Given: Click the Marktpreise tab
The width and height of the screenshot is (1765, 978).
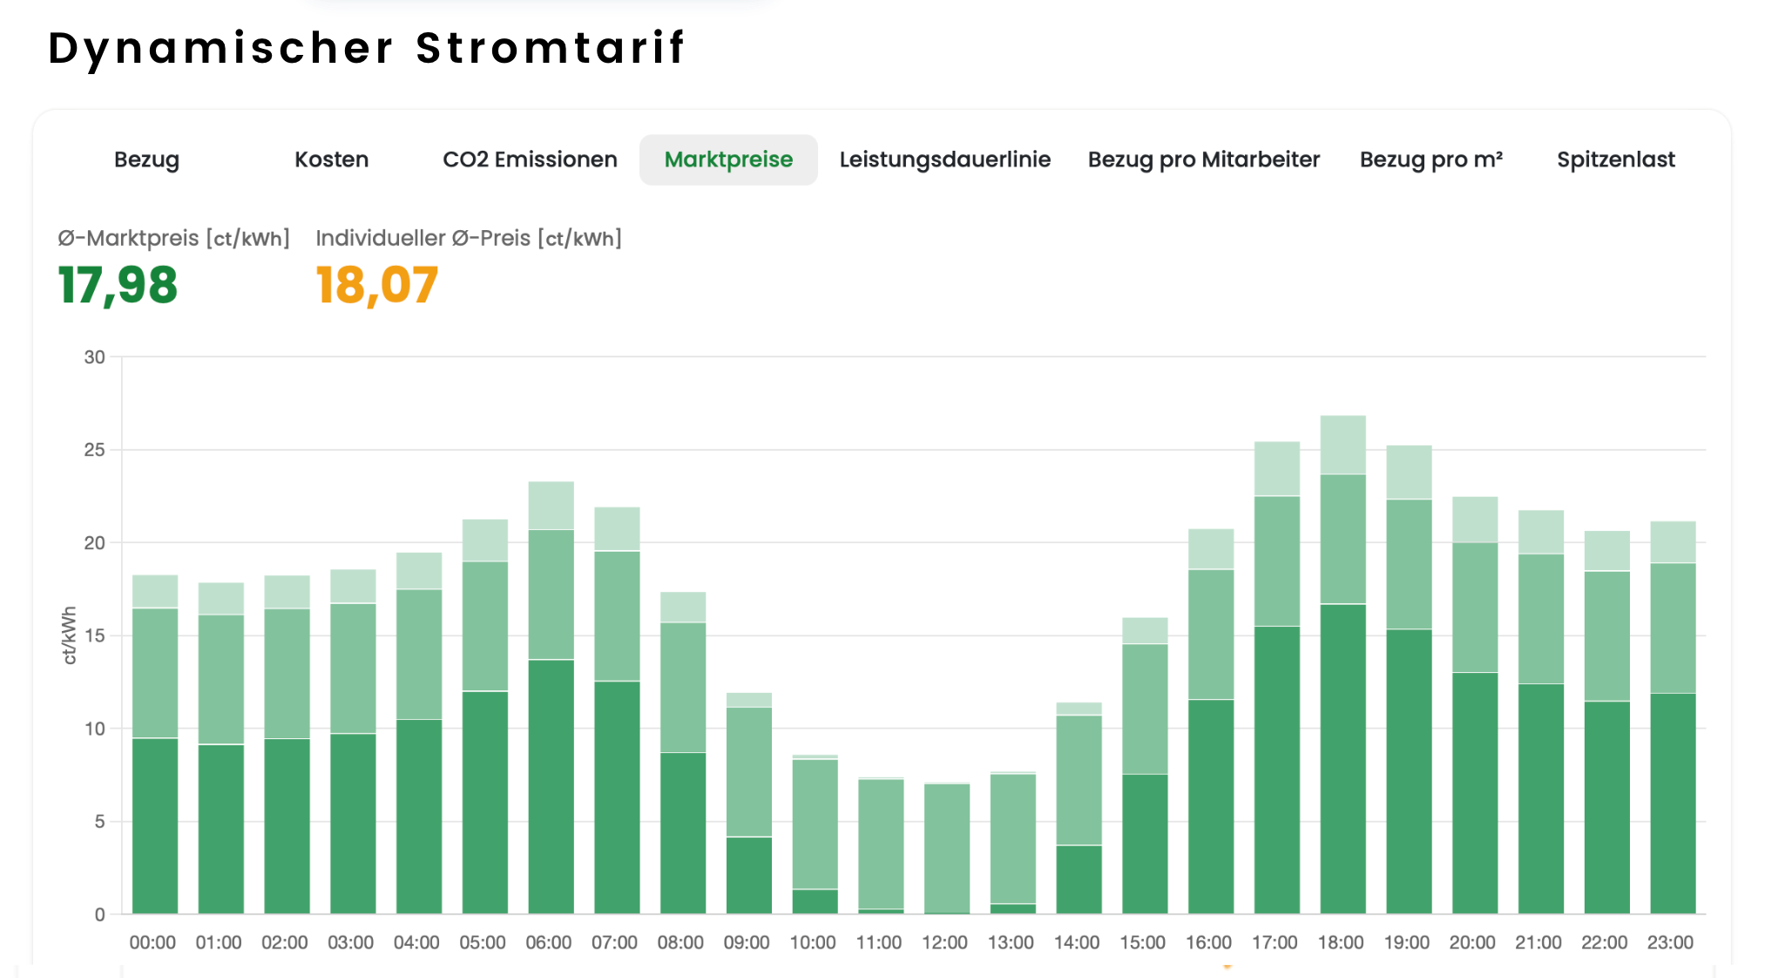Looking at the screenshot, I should click(728, 160).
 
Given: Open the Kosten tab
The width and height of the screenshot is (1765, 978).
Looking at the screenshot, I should click(331, 160).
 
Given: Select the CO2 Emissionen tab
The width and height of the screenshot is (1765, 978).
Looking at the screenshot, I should click(530, 160).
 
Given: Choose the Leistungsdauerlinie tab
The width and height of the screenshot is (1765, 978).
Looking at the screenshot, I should click(944, 160).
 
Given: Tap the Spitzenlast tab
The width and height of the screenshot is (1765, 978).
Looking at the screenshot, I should click(1615, 160).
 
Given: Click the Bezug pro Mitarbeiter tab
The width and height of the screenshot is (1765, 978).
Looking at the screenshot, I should click(1203, 160).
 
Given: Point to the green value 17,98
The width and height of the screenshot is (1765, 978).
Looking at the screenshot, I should click(118, 285).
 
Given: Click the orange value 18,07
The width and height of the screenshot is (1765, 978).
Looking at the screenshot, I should click(376, 285).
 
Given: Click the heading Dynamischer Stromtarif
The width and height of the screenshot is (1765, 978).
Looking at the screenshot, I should click(367, 48).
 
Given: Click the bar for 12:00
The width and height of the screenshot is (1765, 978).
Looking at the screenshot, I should click(946, 847).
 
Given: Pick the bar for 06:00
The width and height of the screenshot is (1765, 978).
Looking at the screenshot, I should click(551, 697).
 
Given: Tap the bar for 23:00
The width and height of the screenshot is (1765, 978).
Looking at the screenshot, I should click(1672, 717).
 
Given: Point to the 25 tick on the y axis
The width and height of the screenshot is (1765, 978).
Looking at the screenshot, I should click(94, 450).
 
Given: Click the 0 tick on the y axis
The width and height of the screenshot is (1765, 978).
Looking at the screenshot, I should click(99, 914).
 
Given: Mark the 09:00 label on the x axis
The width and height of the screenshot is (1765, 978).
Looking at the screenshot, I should click(747, 942).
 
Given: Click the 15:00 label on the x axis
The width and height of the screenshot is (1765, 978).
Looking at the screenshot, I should click(1142, 942).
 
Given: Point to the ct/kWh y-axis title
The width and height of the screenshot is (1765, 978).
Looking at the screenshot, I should click(70, 635).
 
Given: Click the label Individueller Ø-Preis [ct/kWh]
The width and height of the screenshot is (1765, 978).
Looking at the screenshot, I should click(469, 238).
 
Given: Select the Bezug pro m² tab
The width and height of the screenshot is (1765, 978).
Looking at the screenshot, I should click(1430, 160).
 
